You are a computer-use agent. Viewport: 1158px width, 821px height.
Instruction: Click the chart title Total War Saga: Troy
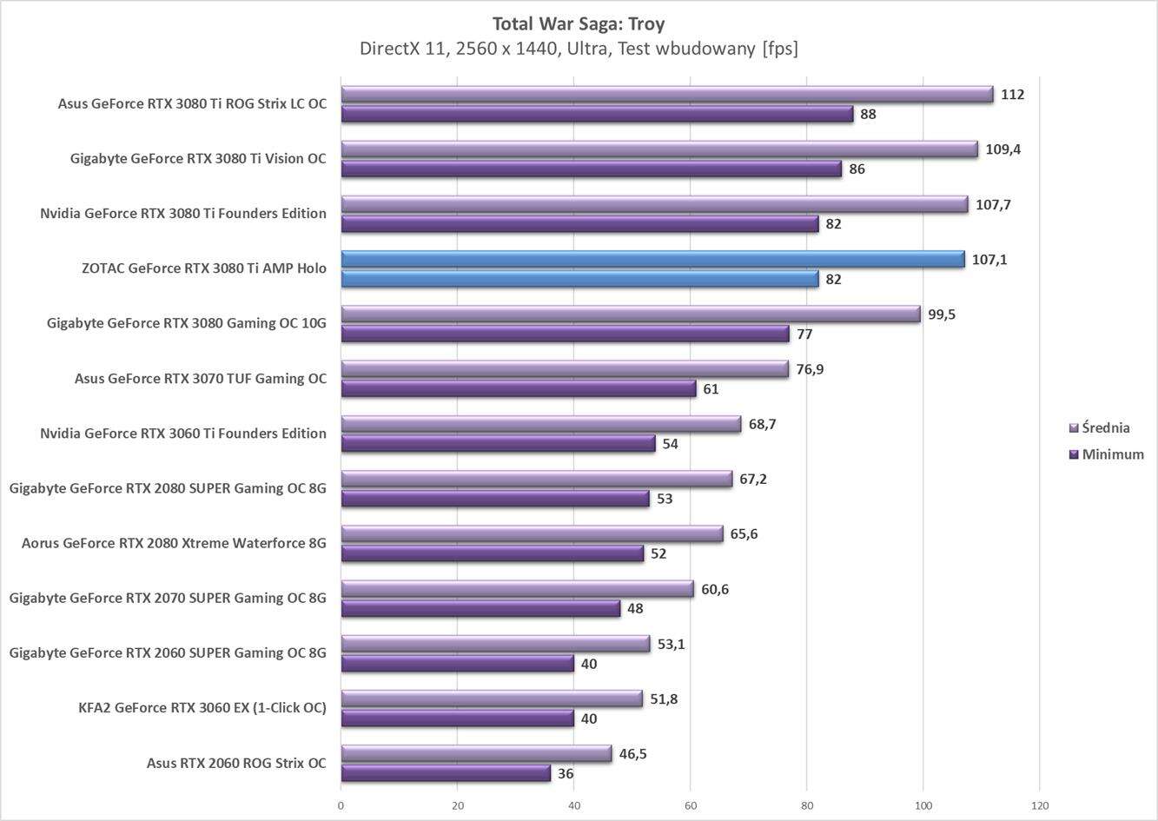point(579,23)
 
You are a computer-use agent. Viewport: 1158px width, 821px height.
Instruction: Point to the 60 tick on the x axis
point(691,805)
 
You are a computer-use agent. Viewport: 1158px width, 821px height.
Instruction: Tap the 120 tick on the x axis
point(1040,805)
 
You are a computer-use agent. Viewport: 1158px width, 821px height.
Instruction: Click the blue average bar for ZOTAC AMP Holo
point(652,259)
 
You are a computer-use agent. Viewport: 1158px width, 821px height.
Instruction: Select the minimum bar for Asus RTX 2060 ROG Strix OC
point(446,773)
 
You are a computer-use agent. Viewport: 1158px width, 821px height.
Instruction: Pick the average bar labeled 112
point(666,94)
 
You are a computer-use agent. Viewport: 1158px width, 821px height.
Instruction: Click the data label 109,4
point(1003,149)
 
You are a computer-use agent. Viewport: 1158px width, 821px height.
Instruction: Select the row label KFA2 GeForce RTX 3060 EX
point(202,708)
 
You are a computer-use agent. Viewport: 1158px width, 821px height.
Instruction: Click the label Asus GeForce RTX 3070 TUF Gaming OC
point(201,379)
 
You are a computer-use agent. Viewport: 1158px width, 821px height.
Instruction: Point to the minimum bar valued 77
point(565,334)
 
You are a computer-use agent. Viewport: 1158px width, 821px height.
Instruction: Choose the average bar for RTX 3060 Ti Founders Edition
point(540,424)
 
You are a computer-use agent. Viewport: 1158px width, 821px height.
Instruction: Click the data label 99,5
point(942,314)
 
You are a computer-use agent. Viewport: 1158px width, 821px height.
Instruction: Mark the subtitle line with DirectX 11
point(579,49)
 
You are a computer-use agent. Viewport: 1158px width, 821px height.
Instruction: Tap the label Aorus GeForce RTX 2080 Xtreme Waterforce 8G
point(174,544)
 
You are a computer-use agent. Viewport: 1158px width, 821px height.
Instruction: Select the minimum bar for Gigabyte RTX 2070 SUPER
point(480,608)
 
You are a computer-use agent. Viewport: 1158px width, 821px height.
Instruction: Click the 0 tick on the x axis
point(341,805)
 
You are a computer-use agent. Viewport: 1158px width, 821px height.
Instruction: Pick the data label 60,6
point(715,589)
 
